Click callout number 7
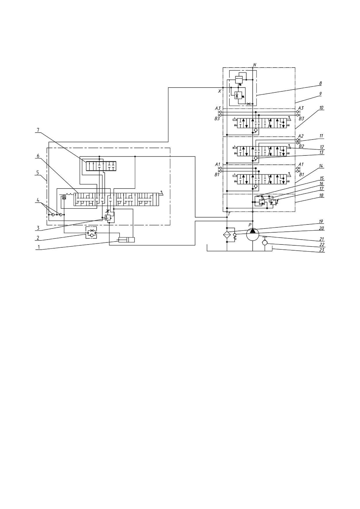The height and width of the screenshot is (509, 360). click(x=38, y=130)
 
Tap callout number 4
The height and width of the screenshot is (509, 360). click(x=38, y=200)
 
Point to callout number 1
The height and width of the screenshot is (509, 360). click(x=38, y=247)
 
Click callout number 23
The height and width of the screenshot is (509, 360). click(x=321, y=249)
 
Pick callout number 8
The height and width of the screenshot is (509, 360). click(x=320, y=83)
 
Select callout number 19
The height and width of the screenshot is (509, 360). click(x=321, y=222)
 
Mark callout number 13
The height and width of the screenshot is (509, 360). click(x=321, y=152)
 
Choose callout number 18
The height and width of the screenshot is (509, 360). click(x=321, y=195)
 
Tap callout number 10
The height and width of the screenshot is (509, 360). click(x=321, y=108)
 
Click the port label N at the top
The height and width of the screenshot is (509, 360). click(x=254, y=64)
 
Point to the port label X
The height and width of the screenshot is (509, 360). click(x=220, y=91)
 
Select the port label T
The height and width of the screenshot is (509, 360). click(x=229, y=214)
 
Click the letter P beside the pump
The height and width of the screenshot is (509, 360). click(x=250, y=225)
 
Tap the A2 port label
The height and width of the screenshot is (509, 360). click(x=301, y=136)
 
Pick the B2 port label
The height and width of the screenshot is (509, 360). click(x=301, y=146)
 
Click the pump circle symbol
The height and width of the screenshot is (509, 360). click(x=253, y=234)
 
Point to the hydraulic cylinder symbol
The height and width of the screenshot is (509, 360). click(x=126, y=240)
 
